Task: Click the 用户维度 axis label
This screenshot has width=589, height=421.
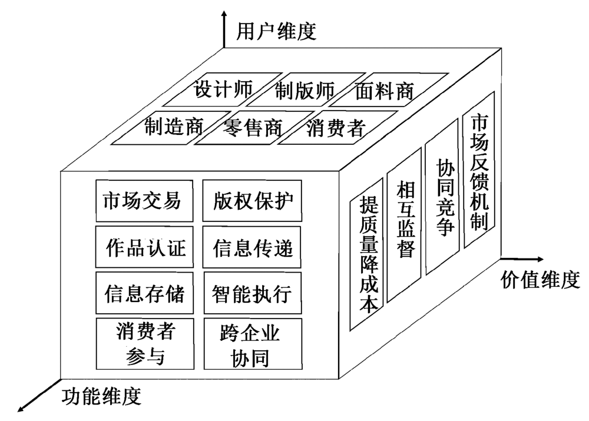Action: (x=276, y=31)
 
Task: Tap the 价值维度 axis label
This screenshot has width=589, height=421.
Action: (x=541, y=280)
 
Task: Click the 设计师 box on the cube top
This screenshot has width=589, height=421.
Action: (x=223, y=89)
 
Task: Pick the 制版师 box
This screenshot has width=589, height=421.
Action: (x=305, y=90)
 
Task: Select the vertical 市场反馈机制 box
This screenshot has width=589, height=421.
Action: (x=478, y=171)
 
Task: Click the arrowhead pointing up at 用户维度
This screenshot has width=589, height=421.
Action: (x=224, y=15)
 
